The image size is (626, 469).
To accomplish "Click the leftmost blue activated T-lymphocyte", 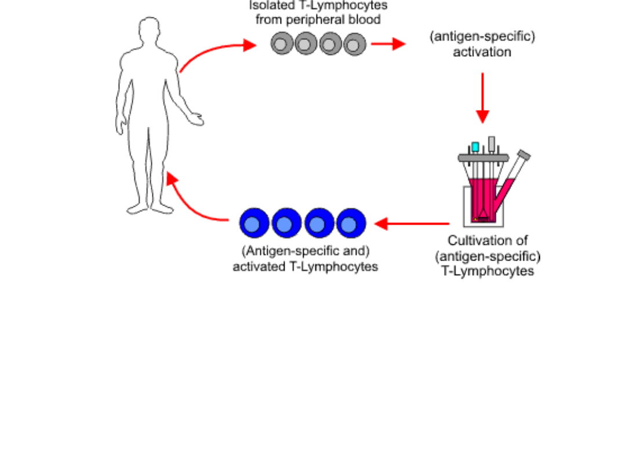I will (255, 224).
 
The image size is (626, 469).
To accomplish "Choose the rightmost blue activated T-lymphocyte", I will (350, 224).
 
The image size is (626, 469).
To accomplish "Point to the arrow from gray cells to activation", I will (388, 44).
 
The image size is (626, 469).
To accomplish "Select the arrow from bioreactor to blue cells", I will (412, 223).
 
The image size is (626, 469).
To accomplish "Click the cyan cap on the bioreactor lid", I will (475, 147).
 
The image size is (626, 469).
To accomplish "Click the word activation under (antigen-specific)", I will (482, 52).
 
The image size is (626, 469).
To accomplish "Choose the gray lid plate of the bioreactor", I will (483, 157).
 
